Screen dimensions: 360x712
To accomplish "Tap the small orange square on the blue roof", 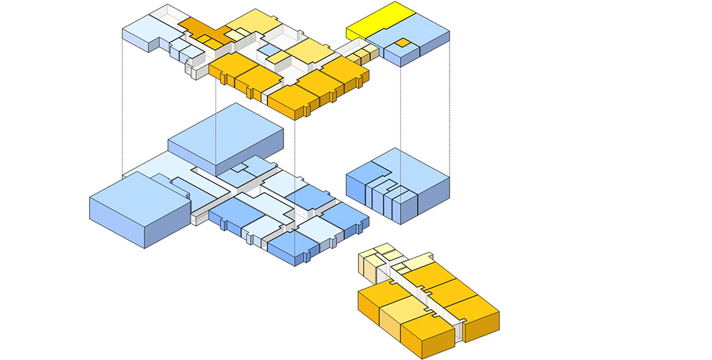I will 399,43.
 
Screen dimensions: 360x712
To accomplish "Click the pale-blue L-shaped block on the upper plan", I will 142,32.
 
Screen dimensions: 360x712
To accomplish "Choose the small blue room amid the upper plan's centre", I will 270,49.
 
